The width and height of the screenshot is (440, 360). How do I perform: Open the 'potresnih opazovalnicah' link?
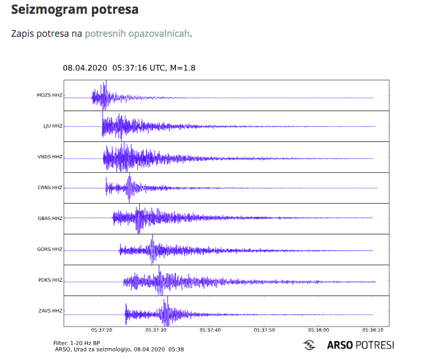[x=137, y=33]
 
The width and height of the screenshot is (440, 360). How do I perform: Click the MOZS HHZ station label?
[x=50, y=96]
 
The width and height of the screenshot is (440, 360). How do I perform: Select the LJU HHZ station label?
[x=53, y=126]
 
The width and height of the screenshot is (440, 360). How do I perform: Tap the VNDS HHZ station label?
[x=50, y=157]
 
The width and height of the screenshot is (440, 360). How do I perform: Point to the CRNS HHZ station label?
[x=50, y=188]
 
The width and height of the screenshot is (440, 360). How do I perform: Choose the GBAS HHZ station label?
[x=50, y=218]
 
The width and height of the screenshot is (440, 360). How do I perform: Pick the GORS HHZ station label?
[x=50, y=249]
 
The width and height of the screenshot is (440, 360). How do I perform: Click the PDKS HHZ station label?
[x=50, y=281]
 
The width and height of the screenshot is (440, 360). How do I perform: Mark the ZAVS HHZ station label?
[x=50, y=311]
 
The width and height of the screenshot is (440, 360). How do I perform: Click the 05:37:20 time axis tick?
[x=102, y=330]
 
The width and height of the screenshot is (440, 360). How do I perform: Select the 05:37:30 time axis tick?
[x=156, y=330]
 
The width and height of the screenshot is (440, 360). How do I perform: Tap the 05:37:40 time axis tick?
[x=210, y=330]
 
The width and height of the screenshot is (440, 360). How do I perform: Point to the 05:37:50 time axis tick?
[x=265, y=330]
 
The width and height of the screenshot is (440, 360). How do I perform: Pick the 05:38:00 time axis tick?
[x=319, y=330]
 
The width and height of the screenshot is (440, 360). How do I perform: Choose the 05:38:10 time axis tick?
[x=372, y=330]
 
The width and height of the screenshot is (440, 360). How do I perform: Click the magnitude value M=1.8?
[x=183, y=68]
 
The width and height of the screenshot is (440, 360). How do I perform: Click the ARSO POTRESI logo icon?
[x=309, y=345]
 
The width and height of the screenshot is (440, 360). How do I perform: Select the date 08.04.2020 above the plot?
[x=85, y=68]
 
